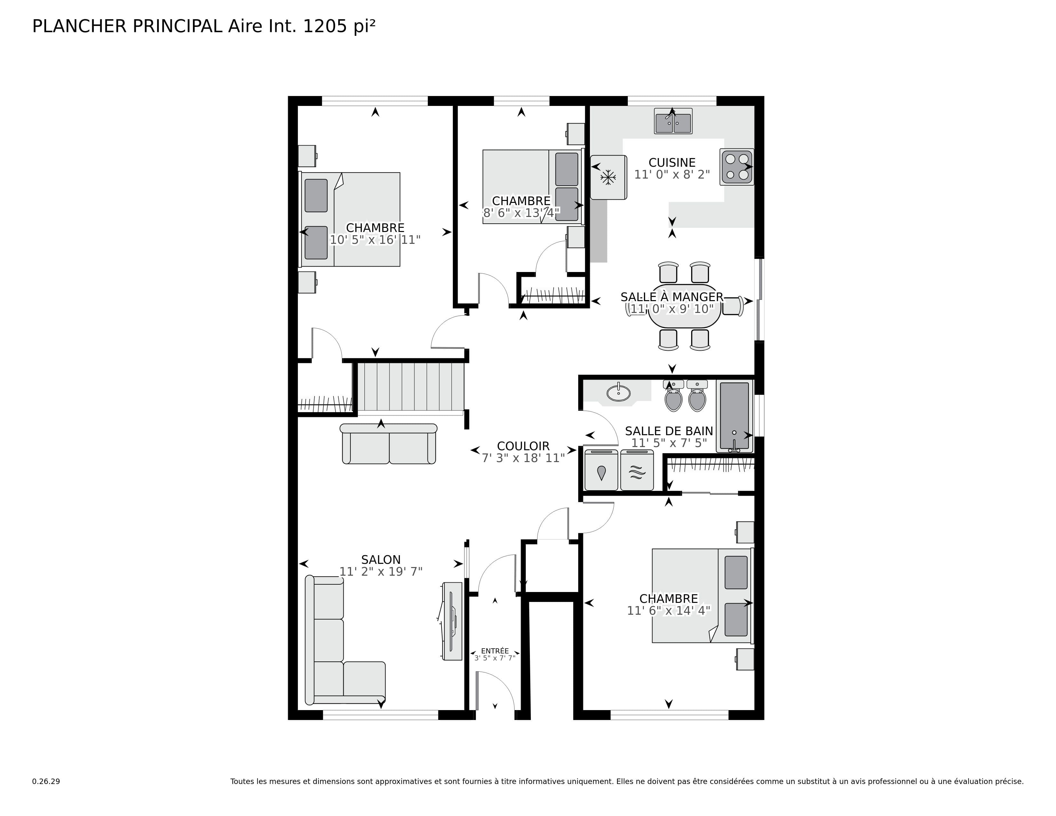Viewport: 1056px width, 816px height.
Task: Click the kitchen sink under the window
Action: coord(673,121)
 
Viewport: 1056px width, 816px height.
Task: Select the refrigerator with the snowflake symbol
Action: coord(608,177)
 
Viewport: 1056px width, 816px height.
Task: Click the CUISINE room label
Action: coord(672,163)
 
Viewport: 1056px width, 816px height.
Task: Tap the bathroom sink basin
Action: coord(619,393)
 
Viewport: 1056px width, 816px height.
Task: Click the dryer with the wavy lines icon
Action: coord(637,471)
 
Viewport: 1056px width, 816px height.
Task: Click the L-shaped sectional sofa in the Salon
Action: coord(334,643)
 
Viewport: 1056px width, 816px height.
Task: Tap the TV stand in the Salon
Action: coord(452,621)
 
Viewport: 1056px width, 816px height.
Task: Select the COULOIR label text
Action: coord(523,446)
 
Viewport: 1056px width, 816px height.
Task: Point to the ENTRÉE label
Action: coord(495,651)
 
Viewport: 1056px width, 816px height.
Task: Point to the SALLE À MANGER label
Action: coord(672,297)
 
